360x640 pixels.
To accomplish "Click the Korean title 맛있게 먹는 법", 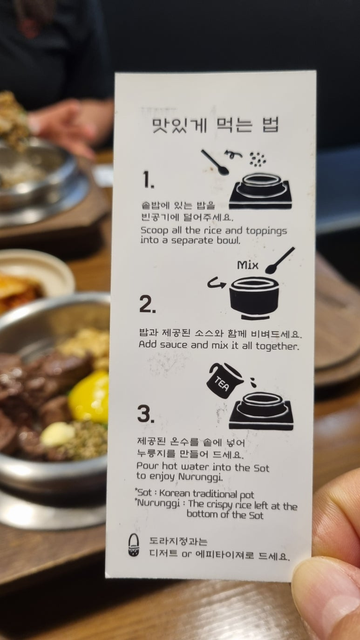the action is click(215, 125).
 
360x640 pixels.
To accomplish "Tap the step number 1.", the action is click(148, 179).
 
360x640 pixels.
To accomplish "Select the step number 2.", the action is click(148, 304).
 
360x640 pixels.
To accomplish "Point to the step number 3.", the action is click(146, 414).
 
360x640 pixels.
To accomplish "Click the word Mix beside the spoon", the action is click(247, 265).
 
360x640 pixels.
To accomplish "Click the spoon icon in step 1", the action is click(215, 162).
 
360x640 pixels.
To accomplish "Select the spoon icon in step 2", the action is click(280, 260).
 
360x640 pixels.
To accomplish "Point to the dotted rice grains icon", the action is click(258, 159).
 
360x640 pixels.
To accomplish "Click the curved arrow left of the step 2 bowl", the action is click(216, 284).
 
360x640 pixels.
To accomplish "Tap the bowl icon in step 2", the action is click(253, 298).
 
